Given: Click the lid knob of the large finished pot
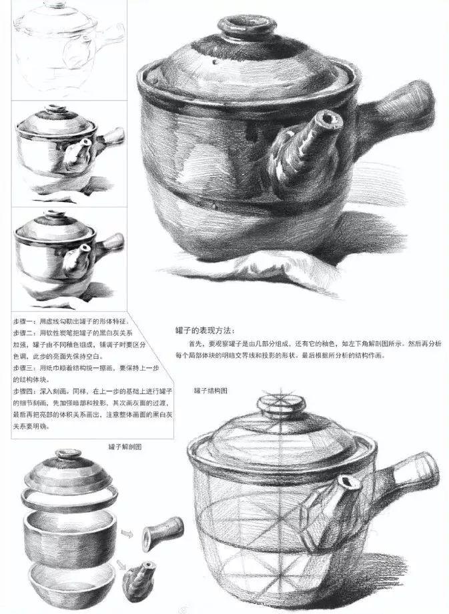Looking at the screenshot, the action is pyautogui.click(x=246, y=27).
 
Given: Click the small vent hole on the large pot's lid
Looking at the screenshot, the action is pyautogui.click(x=215, y=62).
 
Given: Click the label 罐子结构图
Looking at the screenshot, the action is pyautogui.click(x=210, y=391).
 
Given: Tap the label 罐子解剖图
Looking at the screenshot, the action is pyautogui.click(x=125, y=447).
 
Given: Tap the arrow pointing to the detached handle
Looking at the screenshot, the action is pyautogui.click(x=127, y=534).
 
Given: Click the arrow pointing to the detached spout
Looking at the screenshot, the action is pyautogui.click(x=122, y=565).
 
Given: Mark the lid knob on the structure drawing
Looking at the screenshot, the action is pyautogui.click(x=281, y=406).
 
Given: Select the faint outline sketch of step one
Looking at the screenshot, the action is pyautogui.click(x=69, y=47).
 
